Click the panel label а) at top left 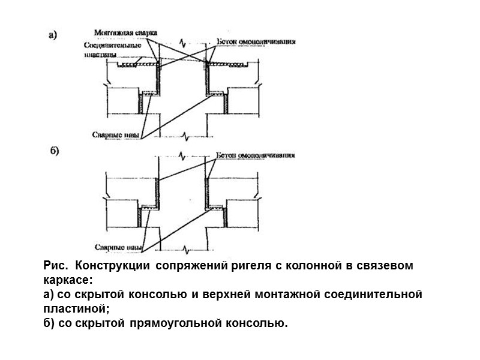pos(53,35)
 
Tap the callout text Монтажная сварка pos(123,31)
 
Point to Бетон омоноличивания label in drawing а pos(256,42)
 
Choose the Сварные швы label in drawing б pos(118,246)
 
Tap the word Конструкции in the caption pos(115,266)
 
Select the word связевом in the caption pos(389,266)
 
